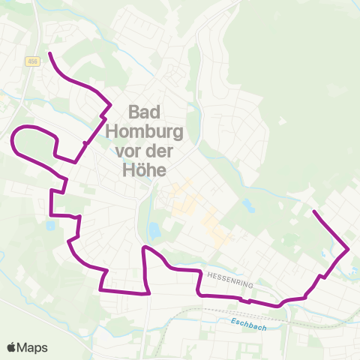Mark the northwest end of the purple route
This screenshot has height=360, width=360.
point(49,53)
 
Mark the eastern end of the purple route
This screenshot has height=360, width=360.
point(313,213)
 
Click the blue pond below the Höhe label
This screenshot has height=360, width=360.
point(154,230)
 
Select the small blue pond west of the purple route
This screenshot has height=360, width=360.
point(50,225)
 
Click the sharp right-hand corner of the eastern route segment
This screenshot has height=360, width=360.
point(348,250)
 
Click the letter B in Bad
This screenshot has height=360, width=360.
point(134,112)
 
